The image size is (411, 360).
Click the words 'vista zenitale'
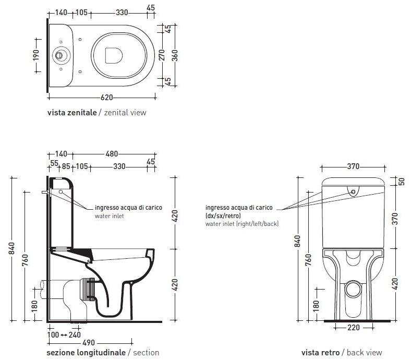(x=72, y=112)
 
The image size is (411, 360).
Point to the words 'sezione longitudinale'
(x=86, y=353)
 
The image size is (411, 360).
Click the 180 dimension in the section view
(x=34, y=305)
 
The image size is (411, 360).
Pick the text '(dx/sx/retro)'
(x=223, y=215)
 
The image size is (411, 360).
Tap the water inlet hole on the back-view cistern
(x=354, y=192)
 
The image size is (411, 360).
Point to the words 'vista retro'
(x=320, y=353)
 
